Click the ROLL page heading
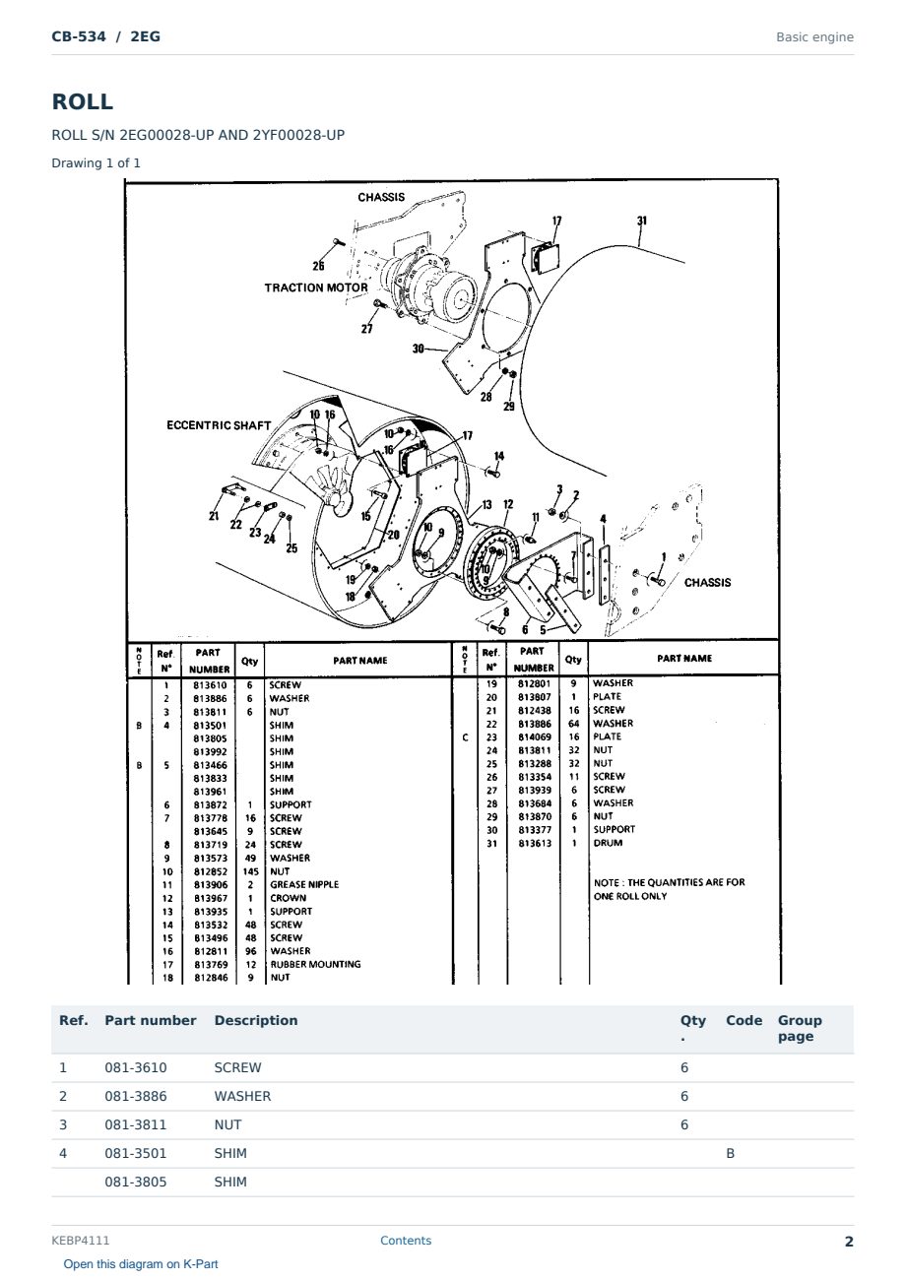tap(83, 101)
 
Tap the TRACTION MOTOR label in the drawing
tap(316, 288)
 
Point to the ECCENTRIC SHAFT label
tap(219, 425)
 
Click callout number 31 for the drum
tap(642, 221)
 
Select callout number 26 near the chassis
tap(318, 266)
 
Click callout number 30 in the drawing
tap(419, 348)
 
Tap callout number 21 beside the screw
tap(214, 516)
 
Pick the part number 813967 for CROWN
tap(211, 898)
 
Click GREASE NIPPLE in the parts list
tap(304, 884)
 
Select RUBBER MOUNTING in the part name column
tap(315, 965)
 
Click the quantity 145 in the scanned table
tap(250, 871)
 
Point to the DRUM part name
tap(608, 843)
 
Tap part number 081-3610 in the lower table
tap(136, 1067)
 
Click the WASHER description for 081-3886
tap(242, 1096)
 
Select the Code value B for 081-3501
tap(730, 1153)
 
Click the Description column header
tap(255, 1021)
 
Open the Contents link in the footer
tap(406, 1241)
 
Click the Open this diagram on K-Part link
tap(141, 1264)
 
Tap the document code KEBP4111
tap(81, 1241)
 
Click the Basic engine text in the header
tap(814, 37)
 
